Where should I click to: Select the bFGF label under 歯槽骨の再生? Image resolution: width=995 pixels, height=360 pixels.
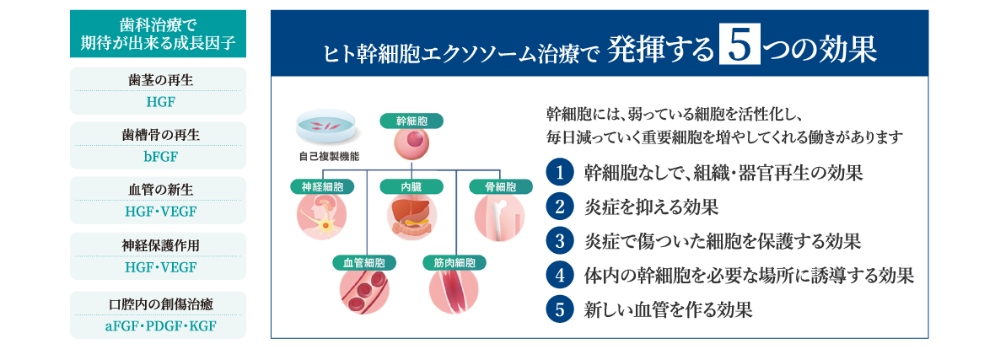tap(159, 156)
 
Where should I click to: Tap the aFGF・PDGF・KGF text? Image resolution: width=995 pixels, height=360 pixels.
tap(159, 325)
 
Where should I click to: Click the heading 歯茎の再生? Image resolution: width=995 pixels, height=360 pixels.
tap(159, 82)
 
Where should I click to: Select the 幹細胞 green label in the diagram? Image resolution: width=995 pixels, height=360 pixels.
tap(411, 121)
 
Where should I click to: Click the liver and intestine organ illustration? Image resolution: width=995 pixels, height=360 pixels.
tap(411, 216)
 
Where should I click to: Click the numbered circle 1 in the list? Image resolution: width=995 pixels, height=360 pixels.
tap(559, 173)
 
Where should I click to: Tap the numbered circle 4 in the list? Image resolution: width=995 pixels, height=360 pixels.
tap(559, 275)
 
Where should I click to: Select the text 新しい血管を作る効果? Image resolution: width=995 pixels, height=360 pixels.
tap(668, 309)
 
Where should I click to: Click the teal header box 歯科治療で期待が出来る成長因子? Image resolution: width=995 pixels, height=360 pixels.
tap(159, 34)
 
